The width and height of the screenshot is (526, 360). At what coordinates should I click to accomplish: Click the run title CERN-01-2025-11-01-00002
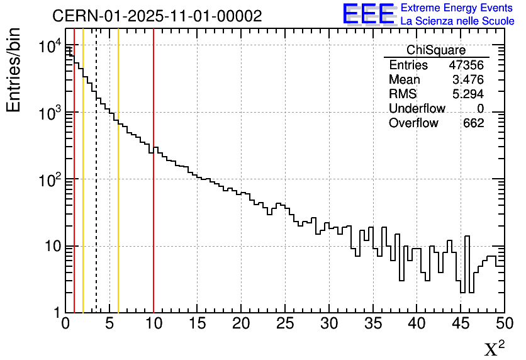pyautogui.click(x=157, y=16)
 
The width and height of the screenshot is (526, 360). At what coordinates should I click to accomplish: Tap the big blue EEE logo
pyautogui.click(x=369, y=14)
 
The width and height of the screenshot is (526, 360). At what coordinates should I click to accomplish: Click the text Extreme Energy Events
pyautogui.click(x=457, y=8)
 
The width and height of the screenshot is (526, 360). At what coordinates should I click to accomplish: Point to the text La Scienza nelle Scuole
pyautogui.click(x=457, y=21)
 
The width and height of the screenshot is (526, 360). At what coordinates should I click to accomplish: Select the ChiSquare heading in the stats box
pyautogui.click(x=436, y=50)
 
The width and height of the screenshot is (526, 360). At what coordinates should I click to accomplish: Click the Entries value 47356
pyautogui.click(x=466, y=65)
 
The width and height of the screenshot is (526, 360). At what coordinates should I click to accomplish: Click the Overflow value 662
pyautogui.click(x=473, y=123)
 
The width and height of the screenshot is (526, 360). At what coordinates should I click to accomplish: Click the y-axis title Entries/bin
pyautogui.click(x=14, y=70)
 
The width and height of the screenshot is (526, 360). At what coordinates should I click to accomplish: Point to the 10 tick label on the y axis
pyautogui.click(x=50, y=246)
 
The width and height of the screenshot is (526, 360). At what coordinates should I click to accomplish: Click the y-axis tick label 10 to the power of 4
pyautogui.click(x=49, y=47)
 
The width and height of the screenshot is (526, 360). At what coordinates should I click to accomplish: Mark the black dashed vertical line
pyautogui.click(x=96, y=189)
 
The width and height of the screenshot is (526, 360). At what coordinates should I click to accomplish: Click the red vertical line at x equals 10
pyautogui.click(x=154, y=220)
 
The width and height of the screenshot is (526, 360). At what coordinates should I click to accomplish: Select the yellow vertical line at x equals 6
pyautogui.click(x=118, y=220)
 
